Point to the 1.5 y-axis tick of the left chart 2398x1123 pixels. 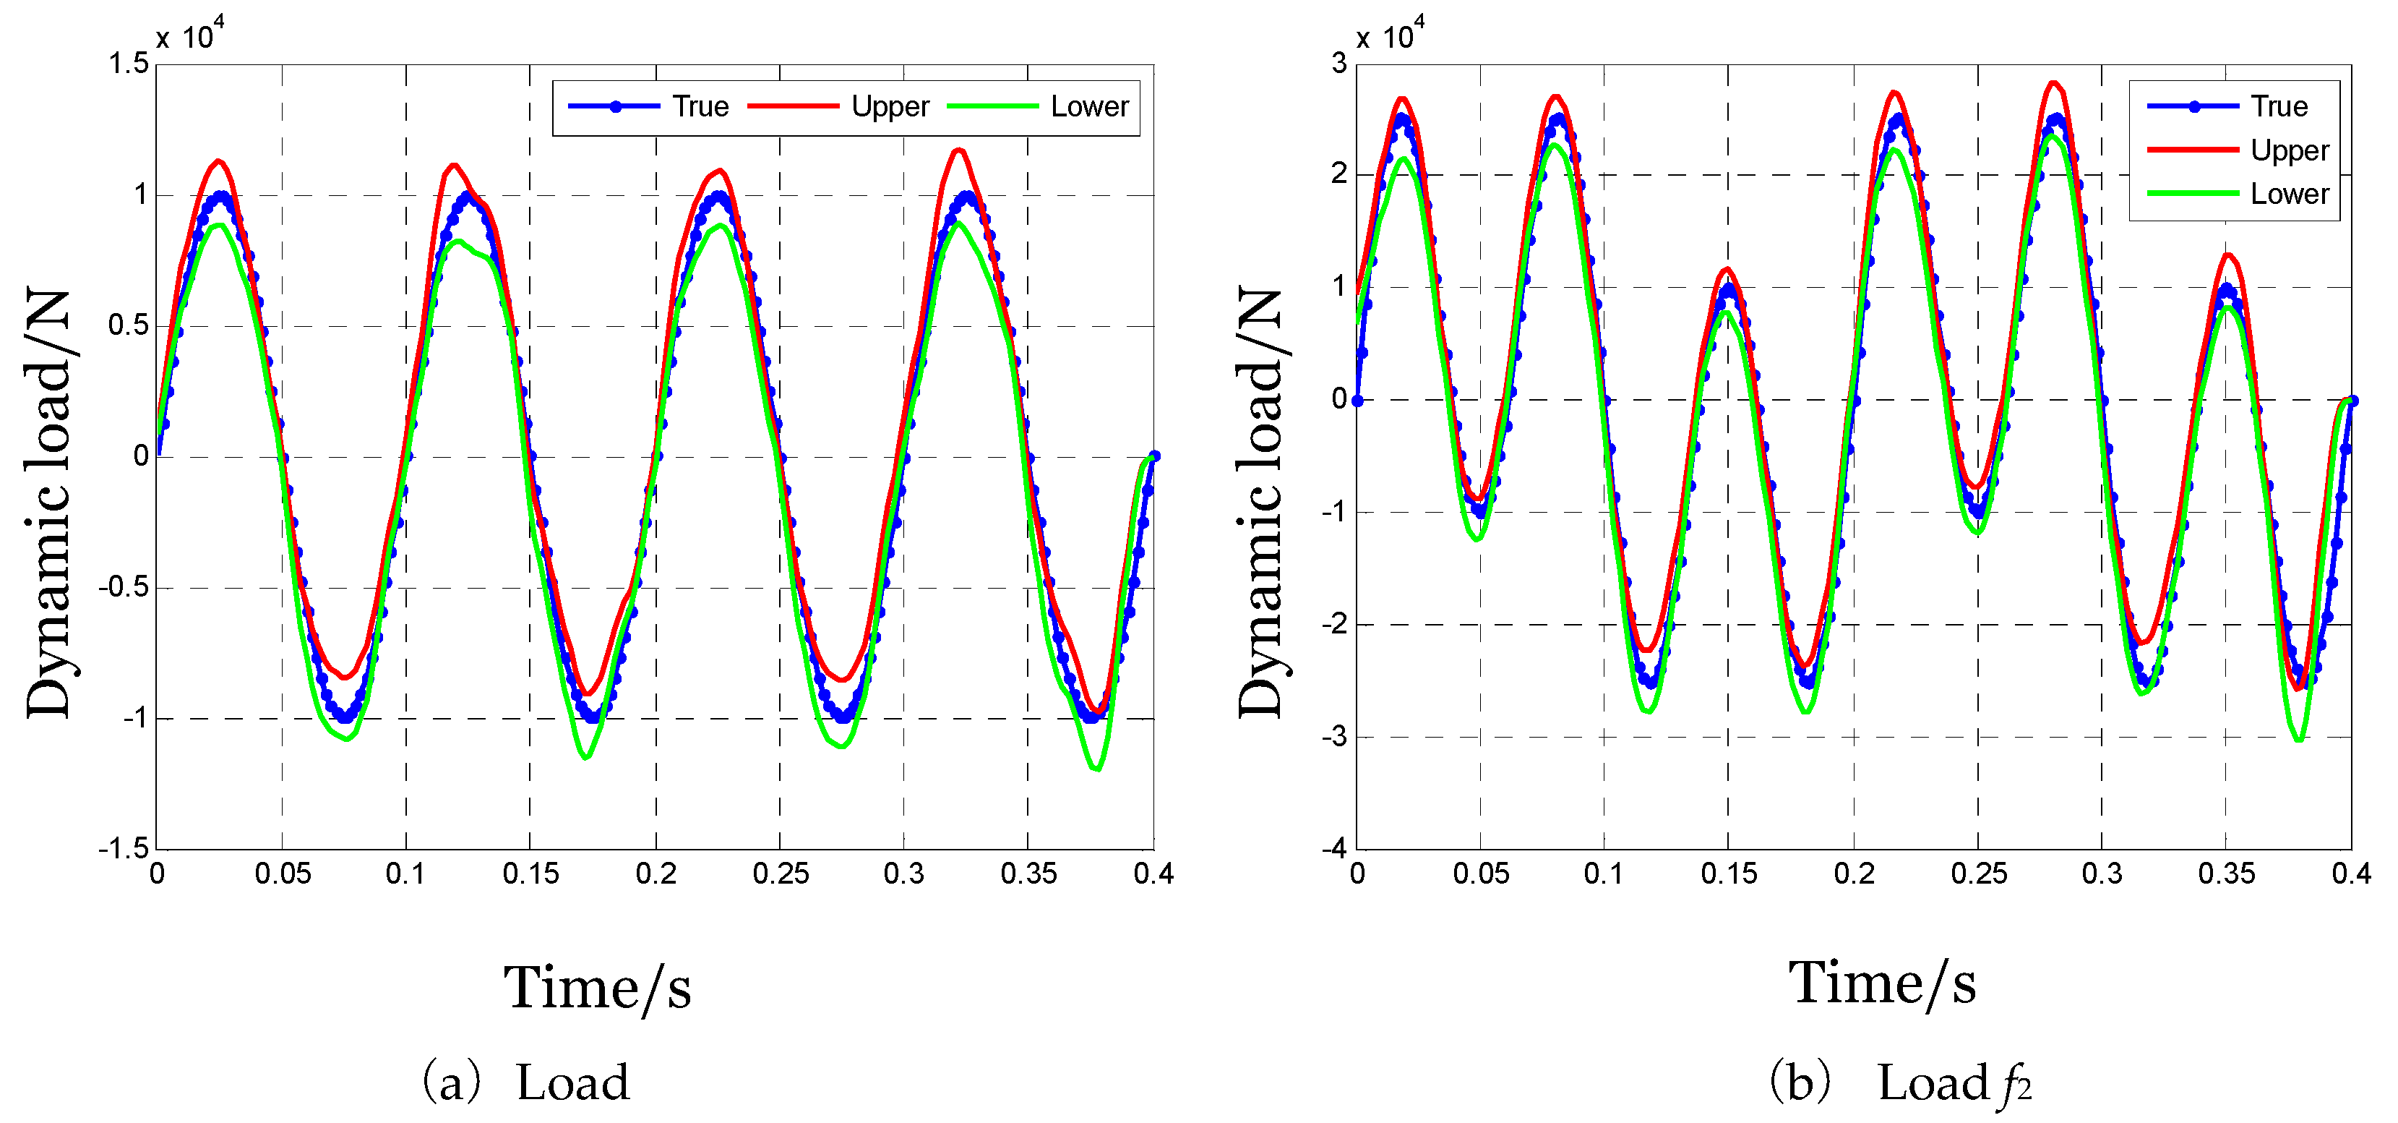tap(129, 64)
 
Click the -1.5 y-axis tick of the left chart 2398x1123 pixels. tap(123, 847)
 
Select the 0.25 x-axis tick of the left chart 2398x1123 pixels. tap(780, 874)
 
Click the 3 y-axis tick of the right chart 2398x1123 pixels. tap(1338, 64)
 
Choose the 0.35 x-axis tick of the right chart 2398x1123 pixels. tap(2226, 874)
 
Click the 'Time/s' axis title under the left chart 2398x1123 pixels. tap(598, 987)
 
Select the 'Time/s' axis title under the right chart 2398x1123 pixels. tap(1881, 983)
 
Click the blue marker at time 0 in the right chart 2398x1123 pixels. tap(1357, 401)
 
